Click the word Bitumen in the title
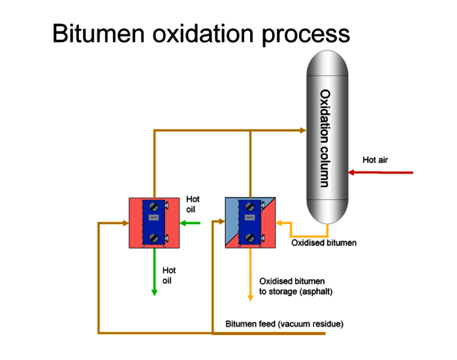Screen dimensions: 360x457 97,33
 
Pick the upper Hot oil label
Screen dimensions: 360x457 193,204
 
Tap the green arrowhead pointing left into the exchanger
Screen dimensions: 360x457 183,223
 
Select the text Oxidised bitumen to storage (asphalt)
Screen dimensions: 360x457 295,286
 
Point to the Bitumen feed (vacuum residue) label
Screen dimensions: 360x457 284,324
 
